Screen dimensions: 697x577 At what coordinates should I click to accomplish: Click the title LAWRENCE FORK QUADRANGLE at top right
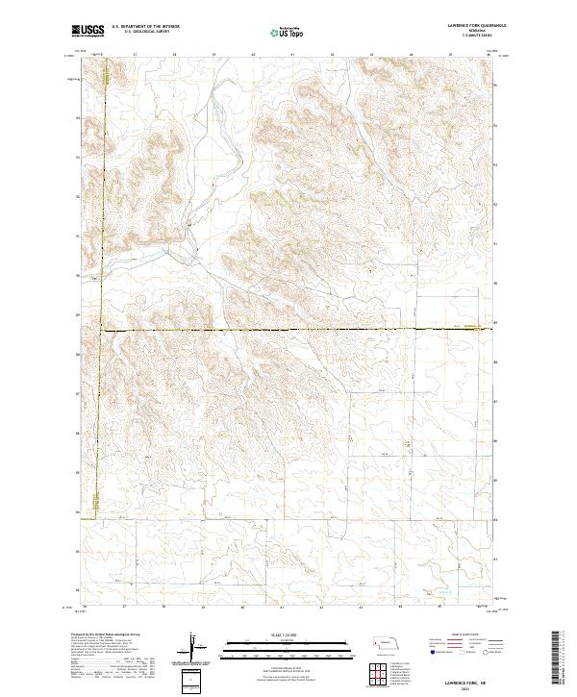pyautogui.click(x=463, y=26)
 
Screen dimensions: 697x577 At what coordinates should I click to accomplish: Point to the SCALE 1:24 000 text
pyautogui.click(x=282, y=634)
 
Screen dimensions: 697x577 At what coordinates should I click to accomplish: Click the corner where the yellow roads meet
pyautogui.click(x=102, y=332)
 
